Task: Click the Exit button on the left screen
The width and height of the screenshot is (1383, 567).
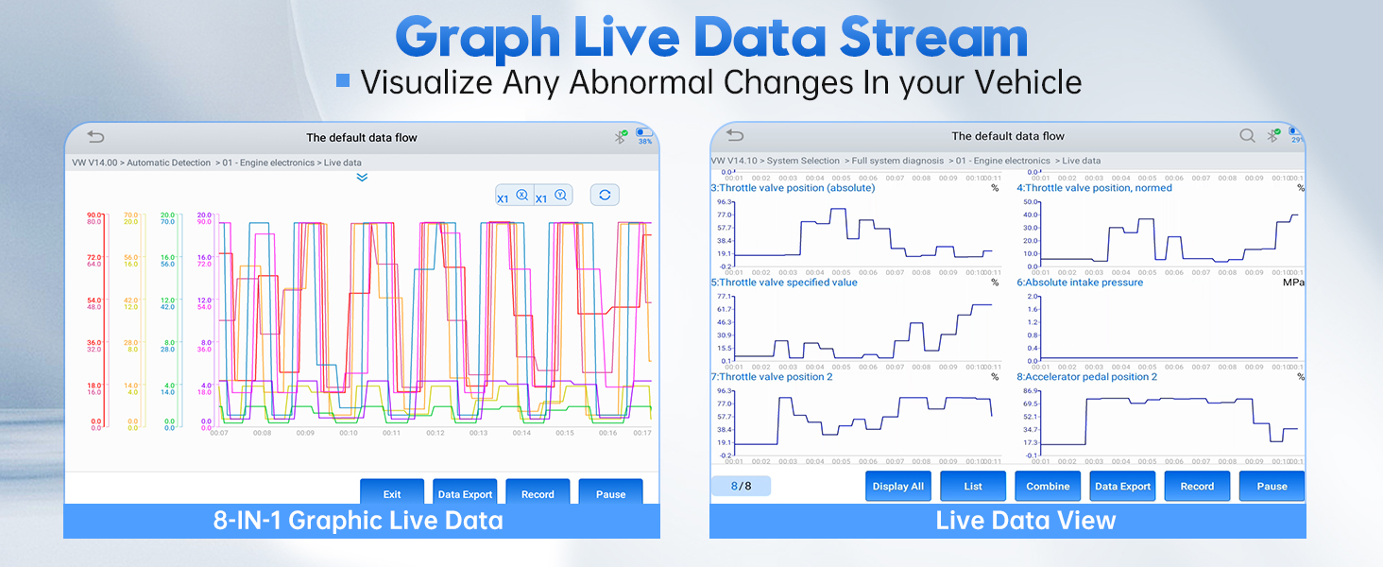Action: coord(392,493)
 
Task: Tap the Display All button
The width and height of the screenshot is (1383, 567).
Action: coord(898,486)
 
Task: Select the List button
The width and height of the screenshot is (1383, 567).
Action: coord(973,486)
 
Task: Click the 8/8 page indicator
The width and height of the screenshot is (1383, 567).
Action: coord(741,486)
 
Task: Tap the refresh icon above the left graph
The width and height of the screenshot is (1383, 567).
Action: coord(605,195)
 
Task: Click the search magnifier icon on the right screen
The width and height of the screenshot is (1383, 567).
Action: coord(1247,136)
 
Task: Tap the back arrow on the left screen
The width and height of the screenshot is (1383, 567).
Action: coord(95,137)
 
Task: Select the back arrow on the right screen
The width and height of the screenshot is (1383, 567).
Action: coord(735,136)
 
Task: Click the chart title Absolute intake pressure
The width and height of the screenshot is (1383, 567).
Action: coord(1080,283)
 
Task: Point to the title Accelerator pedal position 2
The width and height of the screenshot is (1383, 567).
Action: coord(1086,377)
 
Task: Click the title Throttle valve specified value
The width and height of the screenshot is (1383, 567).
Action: coord(784,283)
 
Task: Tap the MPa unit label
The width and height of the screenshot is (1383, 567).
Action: coord(1293,283)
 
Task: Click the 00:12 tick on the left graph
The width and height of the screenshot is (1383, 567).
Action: coord(435,433)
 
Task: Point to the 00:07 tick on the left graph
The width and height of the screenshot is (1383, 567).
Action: coord(219,433)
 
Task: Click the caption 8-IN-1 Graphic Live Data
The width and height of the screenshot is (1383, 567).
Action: coord(359,521)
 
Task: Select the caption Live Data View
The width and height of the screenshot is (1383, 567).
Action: coord(1026,521)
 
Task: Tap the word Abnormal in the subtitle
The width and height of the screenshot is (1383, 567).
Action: coord(653,82)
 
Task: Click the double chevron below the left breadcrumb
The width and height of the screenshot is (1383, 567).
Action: coord(362,177)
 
